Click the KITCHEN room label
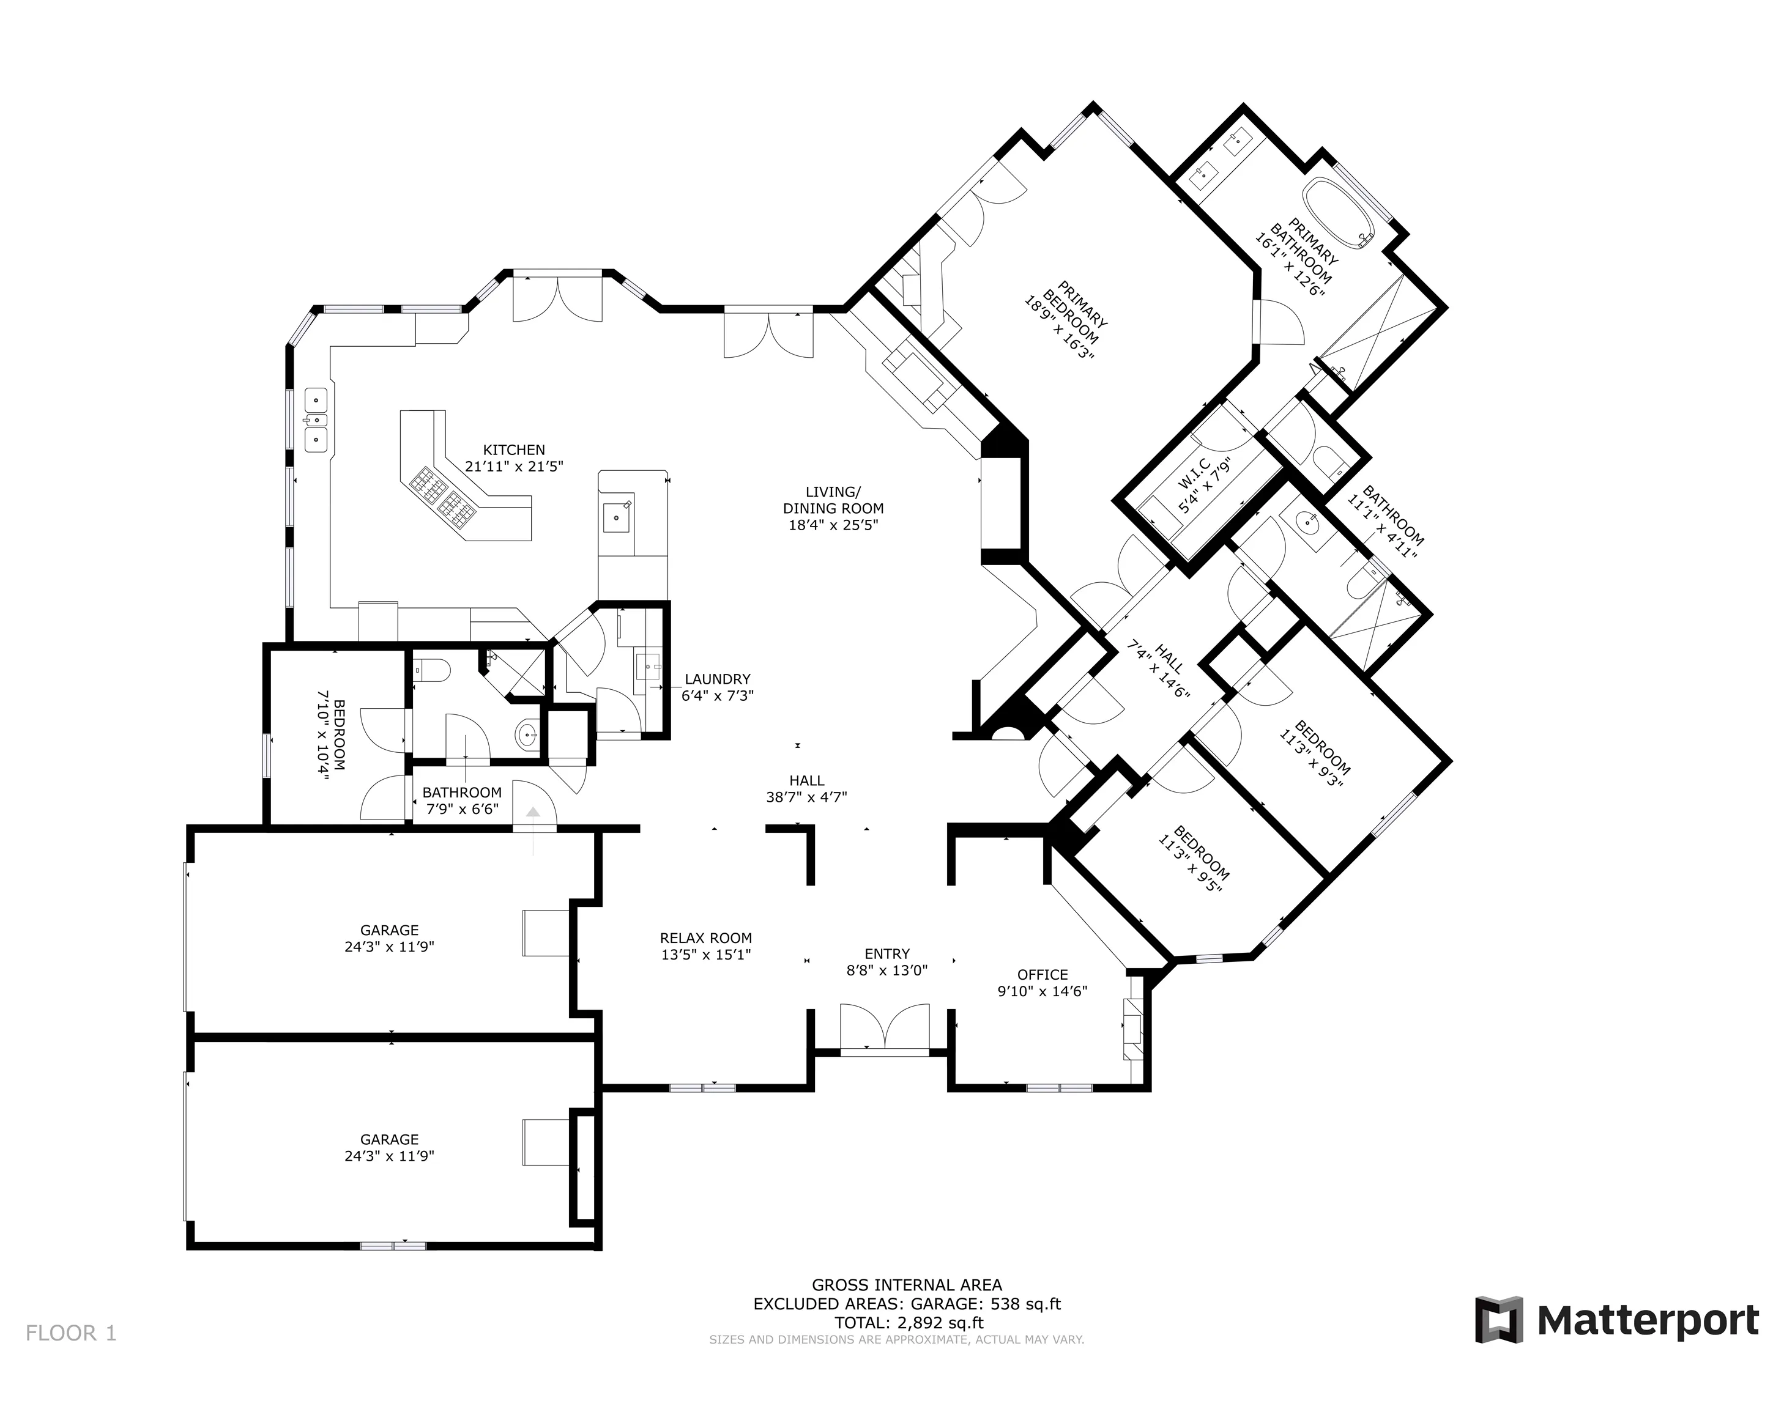tap(513, 449)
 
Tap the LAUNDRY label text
tap(716, 679)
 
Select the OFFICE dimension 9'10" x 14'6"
tap(1042, 991)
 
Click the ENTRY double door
tap(884, 1027)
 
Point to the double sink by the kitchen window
tap(316, 420)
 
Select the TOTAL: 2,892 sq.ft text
tap(906, 1345)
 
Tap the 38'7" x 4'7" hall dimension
tap(806, 797)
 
